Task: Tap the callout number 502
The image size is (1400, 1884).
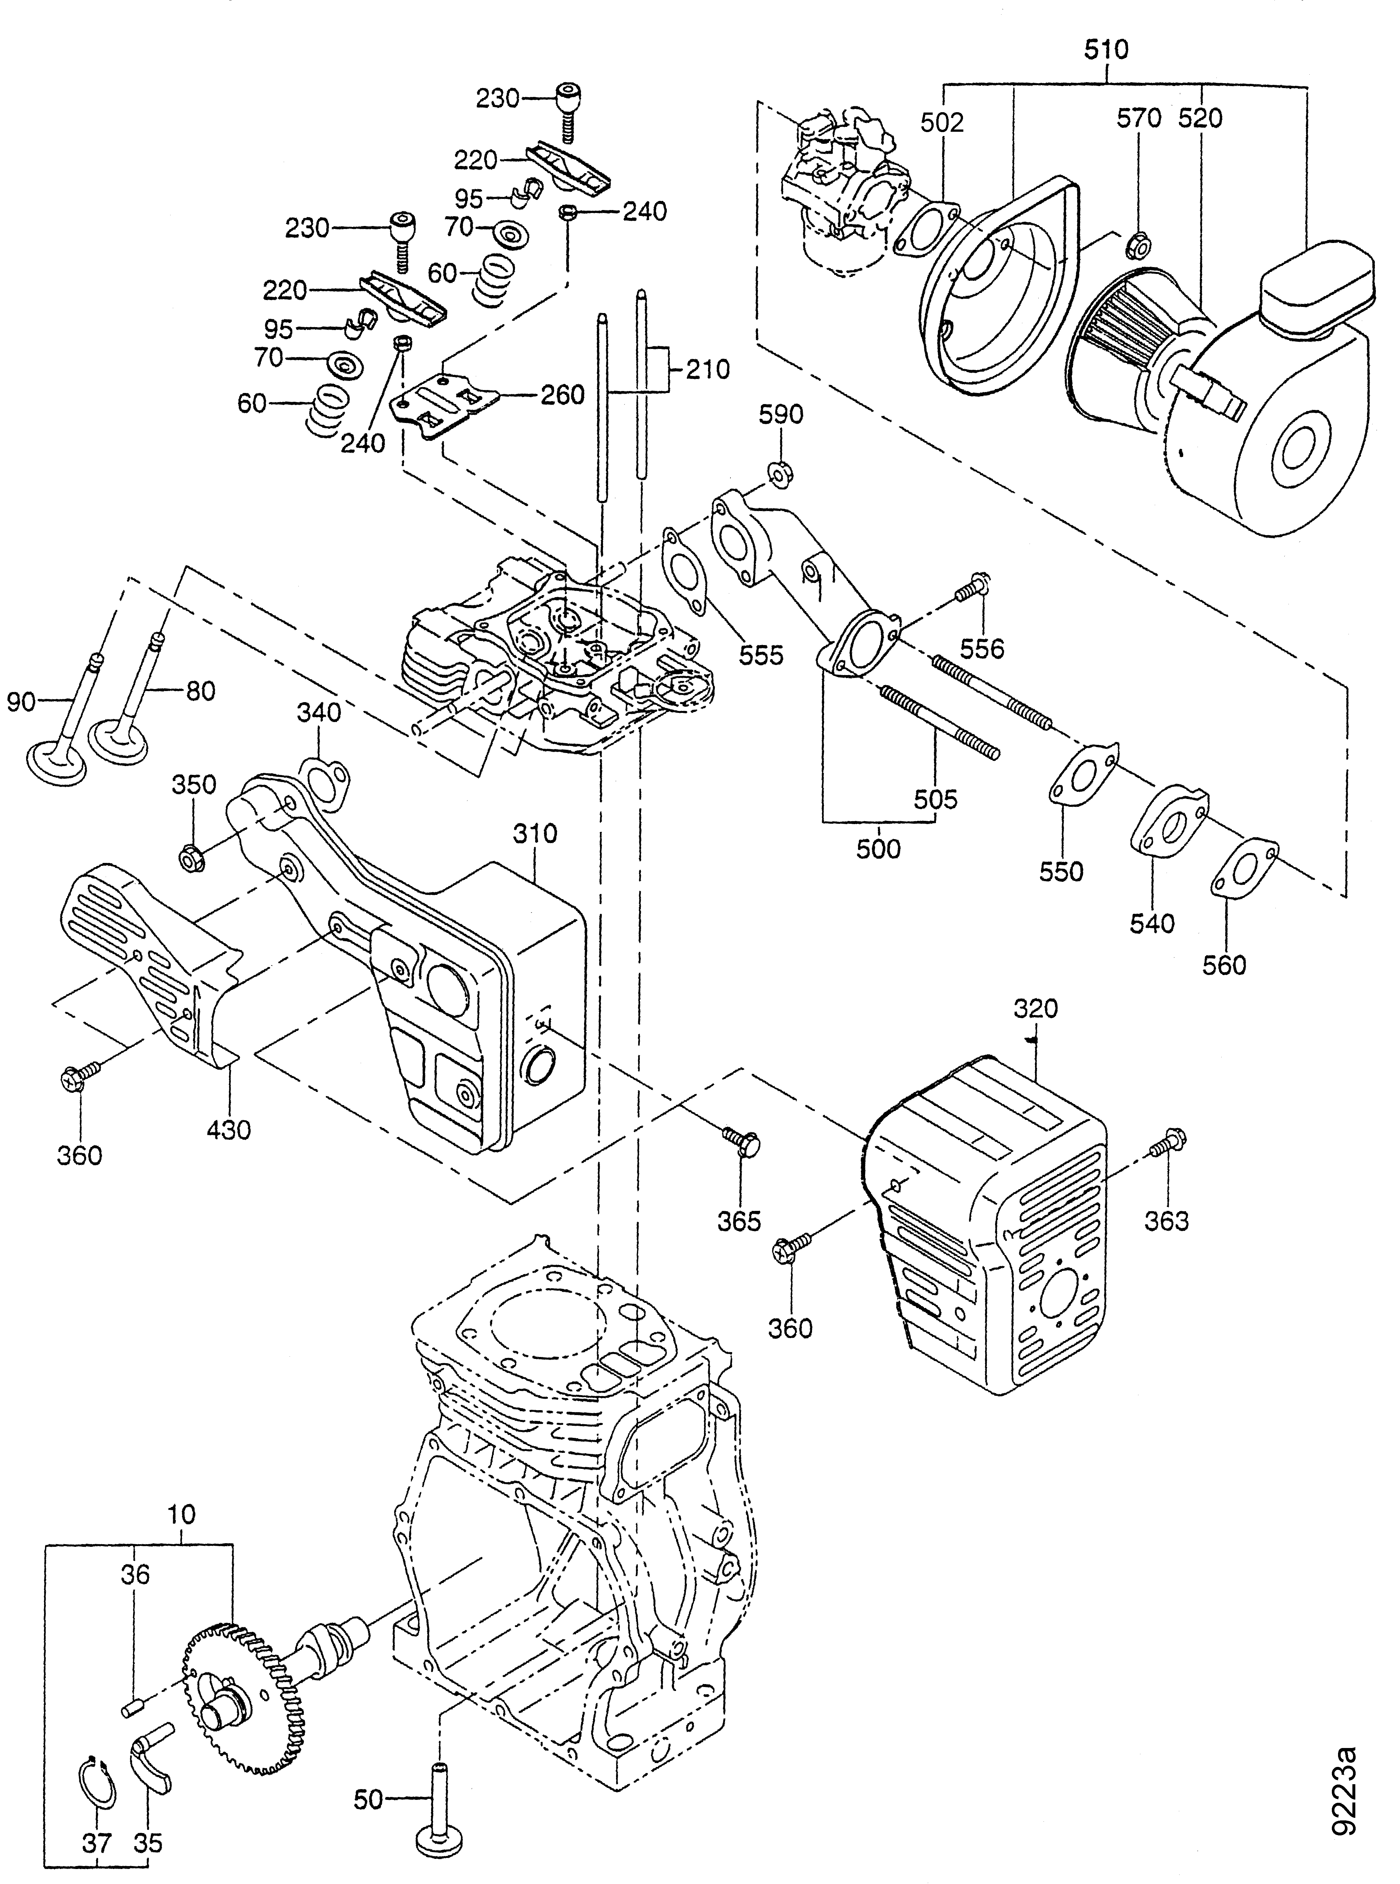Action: point(942,123)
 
